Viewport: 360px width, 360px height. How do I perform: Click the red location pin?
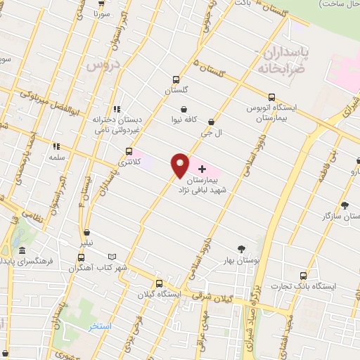(x=180, y=165)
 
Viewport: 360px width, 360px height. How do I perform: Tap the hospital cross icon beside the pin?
(x=203, y=169)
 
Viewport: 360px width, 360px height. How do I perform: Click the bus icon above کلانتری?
(x=128, y=151)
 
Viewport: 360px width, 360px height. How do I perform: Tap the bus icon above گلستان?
(x=176, y=79)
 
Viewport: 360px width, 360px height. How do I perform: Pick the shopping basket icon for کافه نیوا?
(x=184, y=109)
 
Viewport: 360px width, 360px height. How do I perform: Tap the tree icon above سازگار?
(x=344, y=205)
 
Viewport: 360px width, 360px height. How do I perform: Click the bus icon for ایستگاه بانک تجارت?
(x=302, y=276)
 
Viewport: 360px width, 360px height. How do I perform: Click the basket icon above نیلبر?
(x=86, y=232)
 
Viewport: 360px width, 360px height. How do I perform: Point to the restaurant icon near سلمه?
(x=56, y=147)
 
